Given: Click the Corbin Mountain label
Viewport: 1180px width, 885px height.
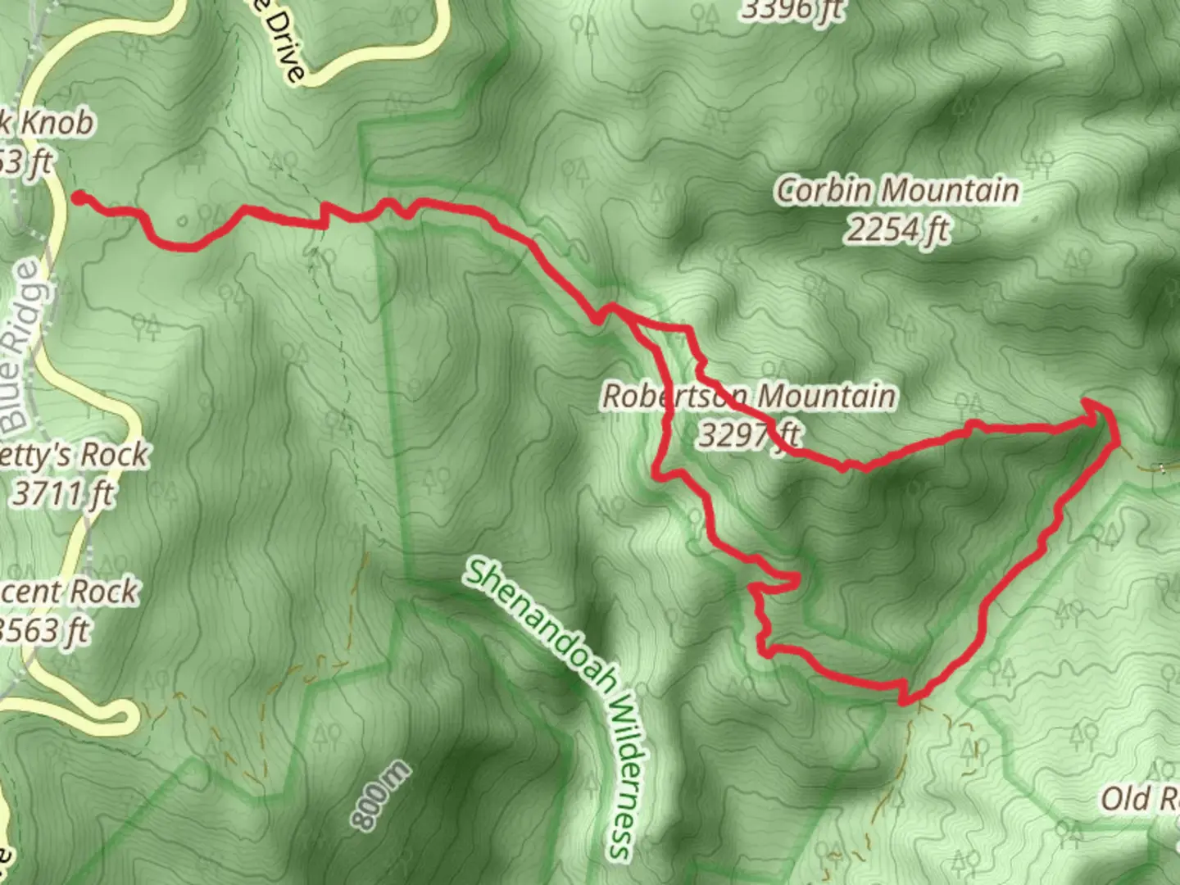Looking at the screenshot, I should (897, 192).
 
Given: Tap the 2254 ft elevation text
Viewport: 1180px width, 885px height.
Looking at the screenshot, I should (897, 230).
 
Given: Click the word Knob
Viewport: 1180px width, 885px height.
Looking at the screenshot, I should (56, 124).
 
